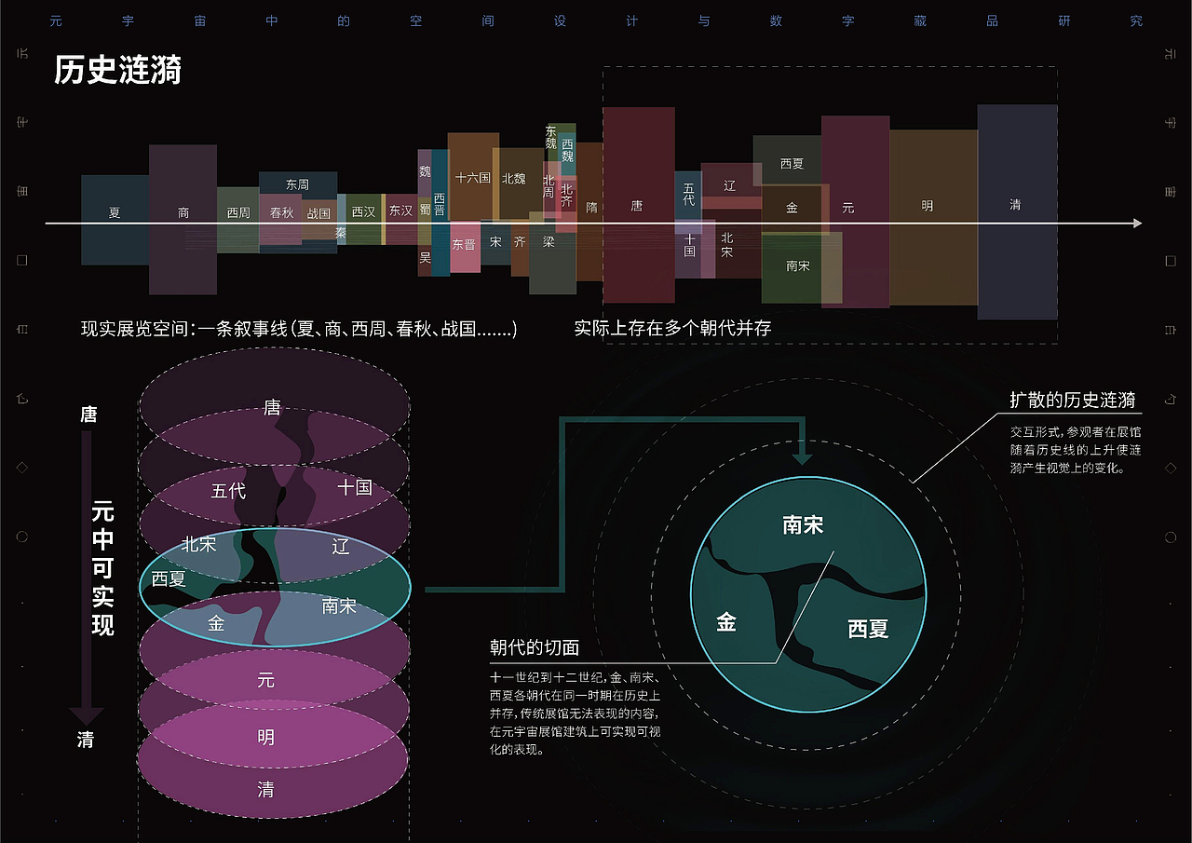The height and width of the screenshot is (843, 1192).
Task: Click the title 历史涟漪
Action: (x=117, y=71)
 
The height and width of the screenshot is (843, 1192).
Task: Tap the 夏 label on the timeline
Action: (x=115, y=212)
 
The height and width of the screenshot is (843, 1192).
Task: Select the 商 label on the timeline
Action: (x=183, y=212)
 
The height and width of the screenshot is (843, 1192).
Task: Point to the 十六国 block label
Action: (x=472, y=177)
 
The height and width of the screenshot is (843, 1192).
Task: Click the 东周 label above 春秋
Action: (x=297, y=184)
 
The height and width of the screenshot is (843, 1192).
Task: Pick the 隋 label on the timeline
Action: (x=591, y=208)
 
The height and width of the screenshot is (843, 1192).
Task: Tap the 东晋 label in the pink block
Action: (x=464, y=244)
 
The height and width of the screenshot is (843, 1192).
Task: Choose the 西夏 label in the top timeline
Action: (x=792, y=163)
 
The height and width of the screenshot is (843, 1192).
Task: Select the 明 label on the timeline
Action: (x=927, y=206)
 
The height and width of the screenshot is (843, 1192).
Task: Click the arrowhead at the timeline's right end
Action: (x=1136, y=224)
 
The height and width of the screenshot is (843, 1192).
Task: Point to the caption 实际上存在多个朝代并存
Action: (x=672, y=328)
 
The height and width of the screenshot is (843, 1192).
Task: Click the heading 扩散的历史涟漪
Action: (x=1073, y=401)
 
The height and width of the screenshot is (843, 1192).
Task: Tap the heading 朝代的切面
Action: (x=535, y=646)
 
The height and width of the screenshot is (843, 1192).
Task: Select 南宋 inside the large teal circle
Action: (x=803, y=525)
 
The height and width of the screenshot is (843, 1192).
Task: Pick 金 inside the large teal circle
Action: (x=726, y=622)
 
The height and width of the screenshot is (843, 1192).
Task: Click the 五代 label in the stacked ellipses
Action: (x=228, y=490)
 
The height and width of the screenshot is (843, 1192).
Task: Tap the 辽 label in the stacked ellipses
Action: (x=341, y=546)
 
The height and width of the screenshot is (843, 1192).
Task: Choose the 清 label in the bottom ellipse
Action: (x=266, y=790)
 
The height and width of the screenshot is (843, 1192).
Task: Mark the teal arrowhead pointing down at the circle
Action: (x=802, y=458)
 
